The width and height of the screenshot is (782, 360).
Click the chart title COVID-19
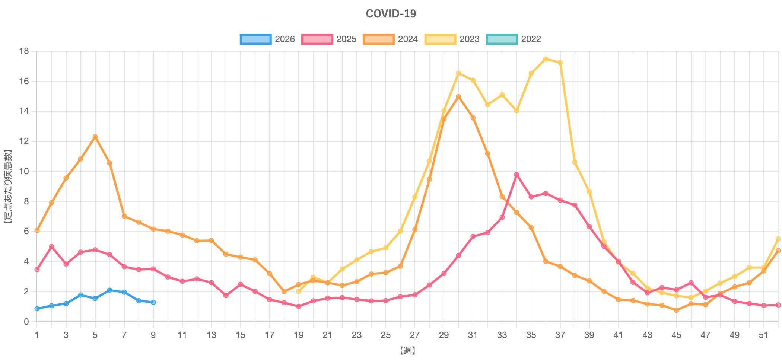[x=391, y=14]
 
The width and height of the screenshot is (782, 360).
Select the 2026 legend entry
[x=268, y=39]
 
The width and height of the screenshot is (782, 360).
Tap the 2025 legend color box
[x=317, y=39]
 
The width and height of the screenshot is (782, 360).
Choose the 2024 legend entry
[x=391, y=39]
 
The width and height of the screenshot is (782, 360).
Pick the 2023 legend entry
[x=452, y=39]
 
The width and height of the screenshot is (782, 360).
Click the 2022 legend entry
[x=514, y=39]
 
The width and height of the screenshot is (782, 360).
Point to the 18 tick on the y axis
[x=24, y=51]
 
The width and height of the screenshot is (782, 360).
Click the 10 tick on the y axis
[x=24, y=171]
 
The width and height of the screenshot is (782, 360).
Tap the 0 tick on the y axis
[x=26, y=322]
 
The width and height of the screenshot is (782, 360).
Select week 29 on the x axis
[x=444, y=335]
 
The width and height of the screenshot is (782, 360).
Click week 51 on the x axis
[x=763, y=335]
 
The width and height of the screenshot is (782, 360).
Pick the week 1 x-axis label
[x=37, y=335]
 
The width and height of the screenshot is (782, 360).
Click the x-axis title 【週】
[x=407, y=350]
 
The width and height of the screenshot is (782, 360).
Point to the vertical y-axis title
[x=8, y=186]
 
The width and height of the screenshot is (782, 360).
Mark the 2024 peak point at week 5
[x=95, y=137]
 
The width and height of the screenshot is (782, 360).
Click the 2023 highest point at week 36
[x=546, y=59]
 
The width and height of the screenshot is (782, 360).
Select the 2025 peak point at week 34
[x=516, y=174]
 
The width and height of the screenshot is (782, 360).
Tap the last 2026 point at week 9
[x=153, y=302]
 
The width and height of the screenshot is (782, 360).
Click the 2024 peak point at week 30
[x=458, y=96]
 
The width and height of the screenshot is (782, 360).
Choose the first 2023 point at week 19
[x=299, y=291]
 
